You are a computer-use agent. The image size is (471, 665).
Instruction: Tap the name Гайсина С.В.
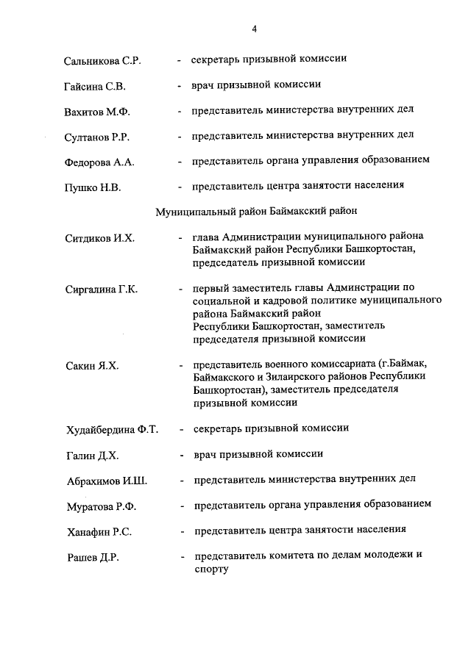(x=95, y=87)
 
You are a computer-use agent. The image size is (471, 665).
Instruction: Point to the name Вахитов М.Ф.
(x=96, y=112)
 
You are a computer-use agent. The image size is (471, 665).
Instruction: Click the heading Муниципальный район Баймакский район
(x=256, y=212)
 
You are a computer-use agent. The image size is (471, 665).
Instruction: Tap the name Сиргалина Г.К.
(x=102, y=290)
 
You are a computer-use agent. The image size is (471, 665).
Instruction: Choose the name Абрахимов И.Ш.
(x=106, y=481)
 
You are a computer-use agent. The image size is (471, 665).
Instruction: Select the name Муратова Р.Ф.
(x=102, y=507)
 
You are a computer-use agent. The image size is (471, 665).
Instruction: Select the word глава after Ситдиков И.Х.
(x=207, y=237)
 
